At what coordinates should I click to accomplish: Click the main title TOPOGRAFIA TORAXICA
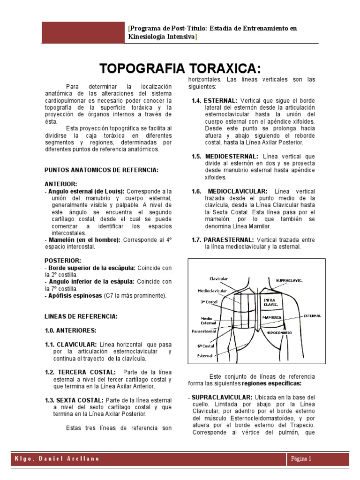pos(180,68)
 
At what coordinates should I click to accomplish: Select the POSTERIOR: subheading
pos(63,260)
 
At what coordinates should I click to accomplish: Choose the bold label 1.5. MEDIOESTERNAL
pos(225,156)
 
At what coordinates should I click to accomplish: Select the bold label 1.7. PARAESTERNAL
pos(223,240)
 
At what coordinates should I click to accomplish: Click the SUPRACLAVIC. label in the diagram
pos(289,280)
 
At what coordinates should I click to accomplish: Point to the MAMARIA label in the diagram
pos(272,317)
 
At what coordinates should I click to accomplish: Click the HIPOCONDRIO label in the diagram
pos(279,332)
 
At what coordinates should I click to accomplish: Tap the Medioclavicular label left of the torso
pos(212,290)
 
